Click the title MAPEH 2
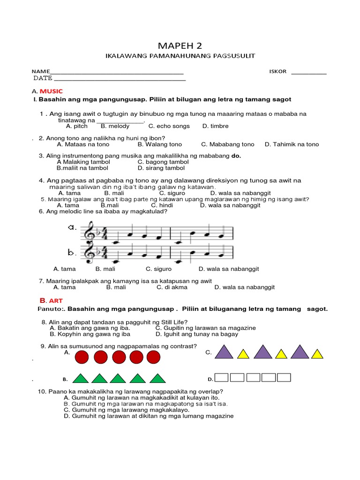pyautogui.click(x=180, y=45)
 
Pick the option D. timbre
pyautogui.click(x=216, y=126)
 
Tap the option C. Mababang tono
pyautogui.click(x=228, y=144)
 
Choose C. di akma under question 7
pyautogui.click(x=172, y=287)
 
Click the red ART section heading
pyautogui.click(x=51, y=300)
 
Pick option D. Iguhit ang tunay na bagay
pyautogui.click(x=197, y=334)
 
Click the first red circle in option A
pyautogui.click(x=82, y=358)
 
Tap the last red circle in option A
pyautogui.click(x=153, y=358)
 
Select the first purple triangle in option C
pyautogui.click(x=224, y=352)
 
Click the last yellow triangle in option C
pyautogui.click(x=317, y=354)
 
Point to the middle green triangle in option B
pyautogui.click(x=120, y=378)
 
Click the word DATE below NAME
pyautogui.click(x=43, y=78)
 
